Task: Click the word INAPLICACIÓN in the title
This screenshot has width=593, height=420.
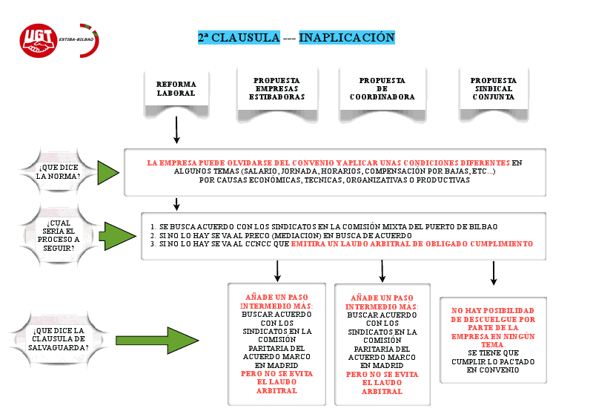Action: pyautogui.click(x=346, y=37)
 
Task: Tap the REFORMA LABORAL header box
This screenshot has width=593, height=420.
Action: pyautogui.click(x=176, y=89)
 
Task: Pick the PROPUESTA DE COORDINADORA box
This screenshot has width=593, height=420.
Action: pyautogui.click(x=382, y=88)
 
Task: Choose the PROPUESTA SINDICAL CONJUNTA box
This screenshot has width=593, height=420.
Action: pyautogui.click(x=493, y=88)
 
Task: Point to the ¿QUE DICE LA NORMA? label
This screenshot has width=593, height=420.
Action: pyautogui.click(x=59, y=172)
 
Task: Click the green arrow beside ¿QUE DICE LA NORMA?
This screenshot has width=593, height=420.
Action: pyautogui.click(x=108, y=172)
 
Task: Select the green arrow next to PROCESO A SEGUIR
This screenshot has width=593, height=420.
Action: pyautogui.click(x=115, y=235)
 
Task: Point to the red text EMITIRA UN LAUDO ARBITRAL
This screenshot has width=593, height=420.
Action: pyautogui.click(x=411, y=243)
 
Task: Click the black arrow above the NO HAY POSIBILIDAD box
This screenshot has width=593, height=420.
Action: pyautogui.click(x=493, y=272)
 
